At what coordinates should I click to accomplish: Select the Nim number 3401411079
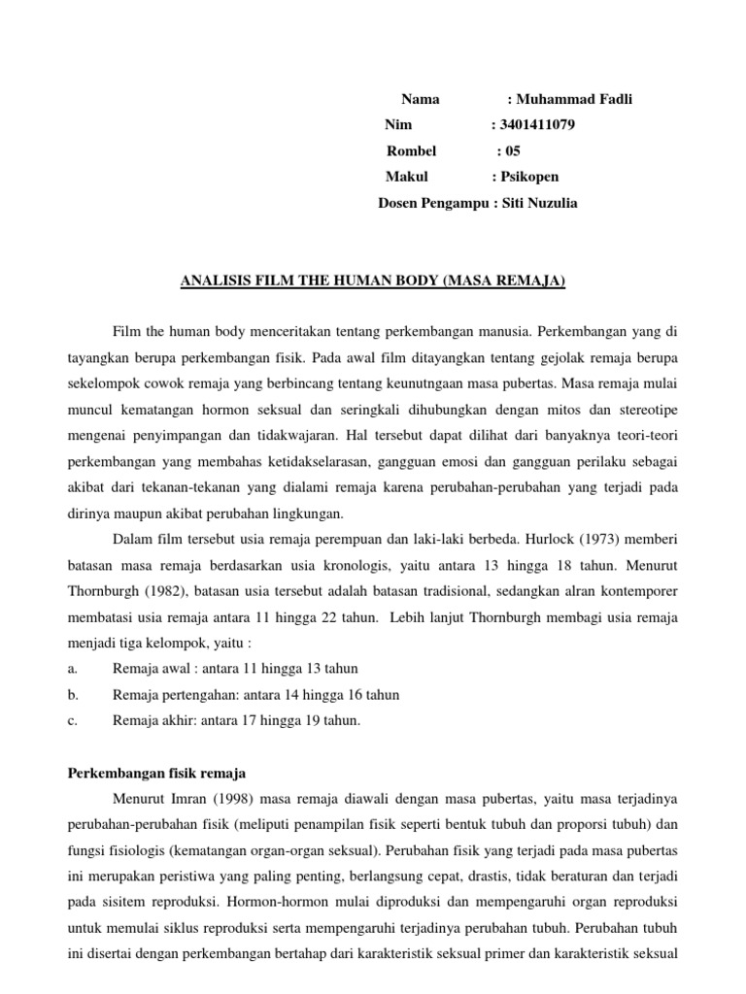(x=530, y=125)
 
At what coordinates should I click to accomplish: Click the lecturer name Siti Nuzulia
(x=540, y=204)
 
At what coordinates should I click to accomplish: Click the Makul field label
(x=406, y=178)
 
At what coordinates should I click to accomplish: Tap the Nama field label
(x=420, y=99)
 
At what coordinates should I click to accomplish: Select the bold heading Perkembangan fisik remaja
(x=155, y=774)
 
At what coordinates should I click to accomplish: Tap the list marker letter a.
(x=72, y=669)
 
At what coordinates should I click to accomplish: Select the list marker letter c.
(x=72, y=721)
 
